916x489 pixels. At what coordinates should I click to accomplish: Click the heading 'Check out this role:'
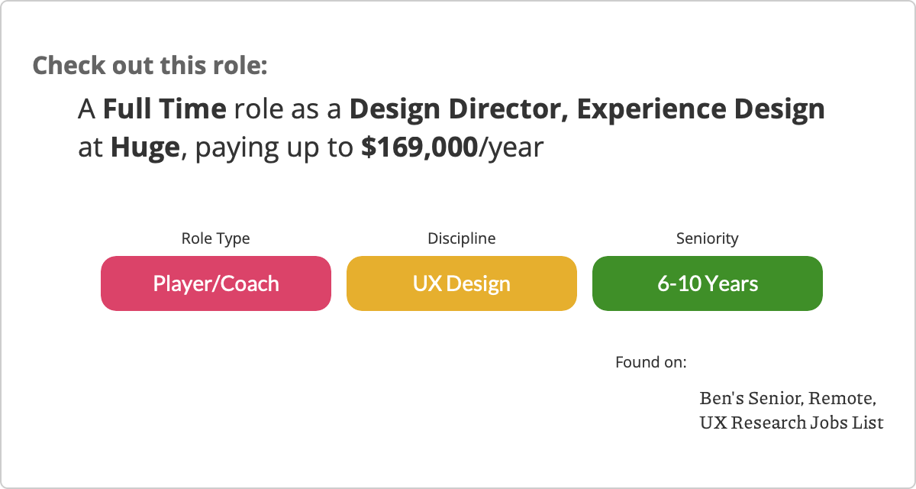150,66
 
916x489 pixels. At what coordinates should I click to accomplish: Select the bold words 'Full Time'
164,108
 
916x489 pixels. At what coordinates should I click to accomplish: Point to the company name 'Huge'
145,147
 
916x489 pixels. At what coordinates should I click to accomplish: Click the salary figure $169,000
420,147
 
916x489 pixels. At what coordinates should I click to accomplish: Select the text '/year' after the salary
511,147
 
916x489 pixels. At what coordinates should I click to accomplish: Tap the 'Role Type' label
215,238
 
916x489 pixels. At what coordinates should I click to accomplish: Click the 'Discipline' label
462,238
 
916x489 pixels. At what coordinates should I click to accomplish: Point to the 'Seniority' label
708,238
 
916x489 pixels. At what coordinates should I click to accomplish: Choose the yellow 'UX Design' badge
462,283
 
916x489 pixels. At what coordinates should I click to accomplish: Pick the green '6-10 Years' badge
708,283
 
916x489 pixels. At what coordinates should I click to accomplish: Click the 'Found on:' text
651,362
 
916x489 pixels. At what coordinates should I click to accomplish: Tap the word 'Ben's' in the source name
722,398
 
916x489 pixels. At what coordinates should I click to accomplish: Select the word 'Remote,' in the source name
843,399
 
